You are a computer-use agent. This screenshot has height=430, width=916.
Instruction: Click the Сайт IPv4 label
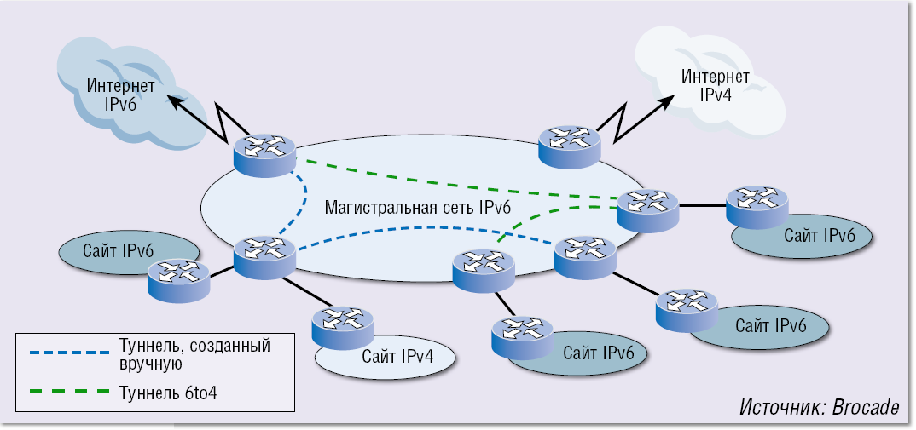point(397,356)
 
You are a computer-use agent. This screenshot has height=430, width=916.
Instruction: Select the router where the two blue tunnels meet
point(264,256)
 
